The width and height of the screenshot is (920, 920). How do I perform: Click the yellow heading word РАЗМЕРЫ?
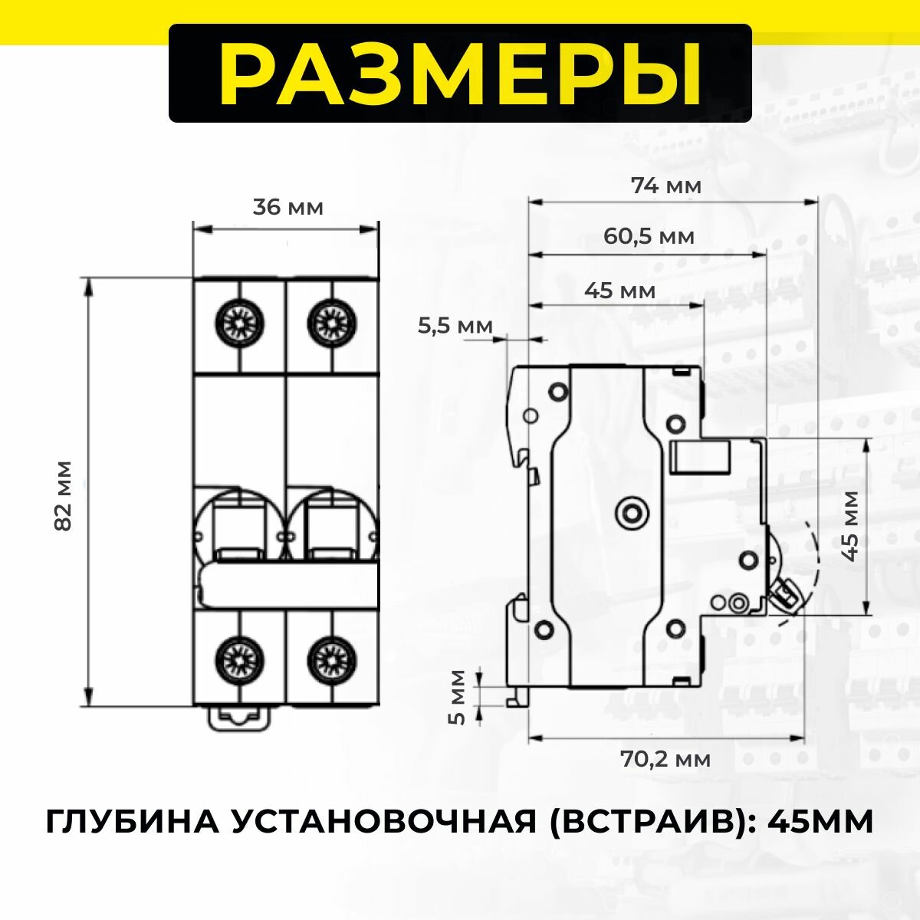click(x=460, y=74)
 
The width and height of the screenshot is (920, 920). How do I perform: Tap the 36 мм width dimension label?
click(x=288, y=208)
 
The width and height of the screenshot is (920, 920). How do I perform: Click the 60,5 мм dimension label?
click(x=649, y=236)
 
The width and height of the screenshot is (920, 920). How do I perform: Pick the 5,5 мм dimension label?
click(x=455, y=326)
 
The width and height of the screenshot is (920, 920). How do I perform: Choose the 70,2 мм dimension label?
click(x=665, y=759)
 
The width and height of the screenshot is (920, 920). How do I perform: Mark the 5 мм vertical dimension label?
click(x=457, y=696)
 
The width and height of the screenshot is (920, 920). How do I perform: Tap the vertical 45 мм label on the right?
click(x=850, y=526)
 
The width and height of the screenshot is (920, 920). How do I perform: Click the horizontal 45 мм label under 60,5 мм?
click(x=619, y=291)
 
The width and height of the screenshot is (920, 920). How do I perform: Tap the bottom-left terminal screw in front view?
click(x=240, y=658)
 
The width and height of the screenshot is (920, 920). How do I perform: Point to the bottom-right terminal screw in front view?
click(x=333, y=658)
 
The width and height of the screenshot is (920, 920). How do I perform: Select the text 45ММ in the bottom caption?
click(x=820, y=822)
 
